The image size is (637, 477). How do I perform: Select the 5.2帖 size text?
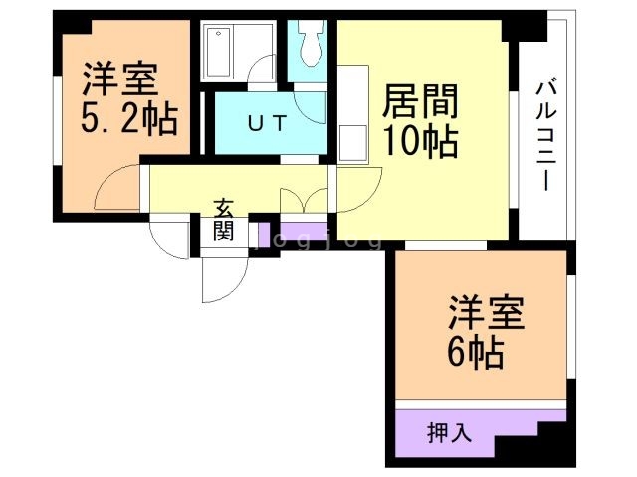pos(128,121)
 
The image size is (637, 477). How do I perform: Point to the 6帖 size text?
pos(476,351)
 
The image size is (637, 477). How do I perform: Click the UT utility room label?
pos(267,124)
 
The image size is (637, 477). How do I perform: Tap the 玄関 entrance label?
pos(224,221)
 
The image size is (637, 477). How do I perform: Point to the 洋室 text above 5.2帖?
pos(120,78)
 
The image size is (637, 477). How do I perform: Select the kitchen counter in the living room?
pos(353,114)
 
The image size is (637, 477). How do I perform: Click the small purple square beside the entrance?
pos(265,237)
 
